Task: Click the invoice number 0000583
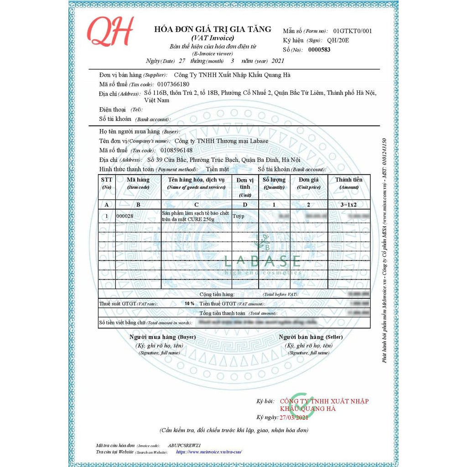pyautogui.click(x=319, y=50)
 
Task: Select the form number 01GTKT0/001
pyautogui.click(x=353, y=31)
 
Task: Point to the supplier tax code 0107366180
pyautogui.click(x=172, y=84)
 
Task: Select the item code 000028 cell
pyautogui.click(x=125, y=216)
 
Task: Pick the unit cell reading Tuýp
pyautogui.click(x=239, y=216)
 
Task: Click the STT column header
pyautogui.click(x=106, y=183)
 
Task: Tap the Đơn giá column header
pyautogui.click(x=309, y=183)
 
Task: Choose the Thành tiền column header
pyautogui.click(x=349, y=183)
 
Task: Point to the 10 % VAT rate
pyautogui.click(x=189, y=303)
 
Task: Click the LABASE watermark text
pyautogui.click(x=263, y=261)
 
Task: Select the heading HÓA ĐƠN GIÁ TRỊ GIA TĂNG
pyautogui.click(x=213, y=29)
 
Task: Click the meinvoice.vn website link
pyautogui.click(x=208, y=452)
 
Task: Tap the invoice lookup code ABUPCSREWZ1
pyautogui.click(x=184, y=445)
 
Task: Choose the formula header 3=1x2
pyautogui.click(x=349, y=205)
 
